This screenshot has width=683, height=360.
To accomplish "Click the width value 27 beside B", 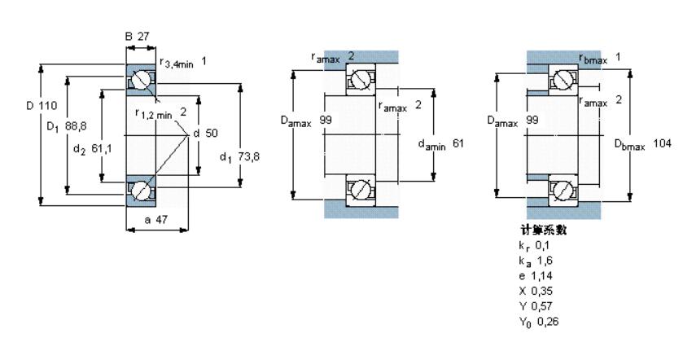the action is (x=143, y=37).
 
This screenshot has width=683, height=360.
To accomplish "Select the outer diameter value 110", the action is (x=48, y=105).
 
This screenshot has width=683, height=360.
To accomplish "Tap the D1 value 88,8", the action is (x=76, y=126).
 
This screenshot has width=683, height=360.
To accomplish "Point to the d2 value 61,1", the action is (x=102, y=149).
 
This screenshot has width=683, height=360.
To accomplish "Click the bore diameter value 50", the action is (x=212, y=133).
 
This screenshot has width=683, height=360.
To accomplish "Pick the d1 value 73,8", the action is (x=248, y=156).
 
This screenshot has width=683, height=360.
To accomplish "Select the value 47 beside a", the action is (x=162, y=220).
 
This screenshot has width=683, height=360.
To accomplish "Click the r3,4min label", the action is (x=177, y=64).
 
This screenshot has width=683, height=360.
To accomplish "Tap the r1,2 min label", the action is (x=154, y=114).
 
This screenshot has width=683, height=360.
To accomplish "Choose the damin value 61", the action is (x=458, y=143).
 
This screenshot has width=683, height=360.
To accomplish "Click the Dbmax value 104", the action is (x=662, y=143).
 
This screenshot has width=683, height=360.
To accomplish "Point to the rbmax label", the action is (x=593, y=59).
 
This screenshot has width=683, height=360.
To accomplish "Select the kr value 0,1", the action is (x=542, y=245).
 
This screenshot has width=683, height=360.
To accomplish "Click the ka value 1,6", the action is (x=545, y=261).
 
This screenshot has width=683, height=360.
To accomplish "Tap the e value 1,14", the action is (x=541, y=276).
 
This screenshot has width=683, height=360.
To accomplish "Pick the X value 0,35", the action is (x=541, y=291).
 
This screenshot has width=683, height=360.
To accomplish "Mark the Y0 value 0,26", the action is (x=548, y=322).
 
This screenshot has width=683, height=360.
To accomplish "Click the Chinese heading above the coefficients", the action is (x=544, y=230).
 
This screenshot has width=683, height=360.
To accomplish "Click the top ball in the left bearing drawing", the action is (x=141, y=80).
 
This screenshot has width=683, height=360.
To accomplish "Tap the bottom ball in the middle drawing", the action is (x=361, y=190).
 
